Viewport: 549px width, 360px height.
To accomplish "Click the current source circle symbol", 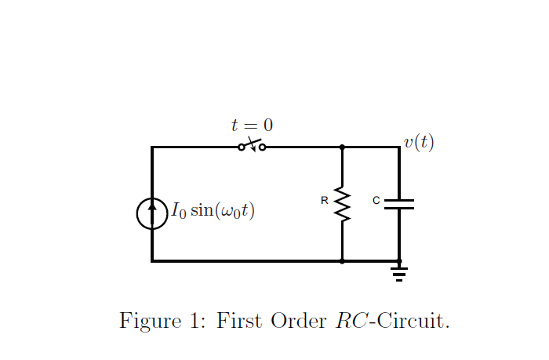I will coord(152,213).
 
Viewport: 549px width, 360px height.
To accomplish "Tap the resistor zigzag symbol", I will coord(342,204).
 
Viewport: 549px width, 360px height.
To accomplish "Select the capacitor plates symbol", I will coord(399,204).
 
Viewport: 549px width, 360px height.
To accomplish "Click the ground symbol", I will coord(399,273).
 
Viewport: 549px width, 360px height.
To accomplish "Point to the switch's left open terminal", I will coord(242,147).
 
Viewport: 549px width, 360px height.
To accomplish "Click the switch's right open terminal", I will coord(262,147).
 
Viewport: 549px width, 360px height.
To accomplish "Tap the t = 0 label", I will coord(252,125).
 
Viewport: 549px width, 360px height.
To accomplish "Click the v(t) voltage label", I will coord(419,142).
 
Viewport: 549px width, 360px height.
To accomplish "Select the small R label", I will coord(324,201).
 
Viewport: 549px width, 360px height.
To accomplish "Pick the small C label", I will coord(376,201).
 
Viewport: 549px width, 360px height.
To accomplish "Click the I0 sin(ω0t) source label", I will coord(213,211).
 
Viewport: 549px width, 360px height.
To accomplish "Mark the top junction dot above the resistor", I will coord(342,147).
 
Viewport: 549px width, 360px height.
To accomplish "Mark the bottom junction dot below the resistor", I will coord(342,261).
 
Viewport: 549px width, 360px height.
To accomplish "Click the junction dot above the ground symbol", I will coord(399,261).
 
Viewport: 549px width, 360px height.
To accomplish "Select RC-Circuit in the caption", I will coord(392,321).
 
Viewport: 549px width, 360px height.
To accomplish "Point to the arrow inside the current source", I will coord(152,209).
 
